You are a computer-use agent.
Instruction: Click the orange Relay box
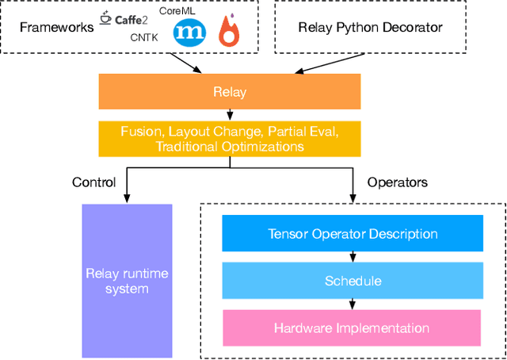[229, 91]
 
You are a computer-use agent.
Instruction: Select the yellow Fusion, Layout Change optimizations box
[229, 138]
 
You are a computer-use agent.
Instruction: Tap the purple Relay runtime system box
[127, 281]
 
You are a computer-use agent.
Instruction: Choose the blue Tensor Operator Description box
[353, 234]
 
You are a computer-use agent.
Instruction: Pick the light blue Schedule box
[353, 281]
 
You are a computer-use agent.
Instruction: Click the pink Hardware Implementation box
[352, 327]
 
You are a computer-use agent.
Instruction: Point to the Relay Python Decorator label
[370, 28]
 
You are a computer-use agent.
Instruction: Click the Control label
[93, 182]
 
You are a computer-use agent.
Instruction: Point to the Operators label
[397, 182]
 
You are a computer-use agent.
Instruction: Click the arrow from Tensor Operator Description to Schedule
[352, 257]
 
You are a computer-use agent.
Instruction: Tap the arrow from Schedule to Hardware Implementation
[352, 304]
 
